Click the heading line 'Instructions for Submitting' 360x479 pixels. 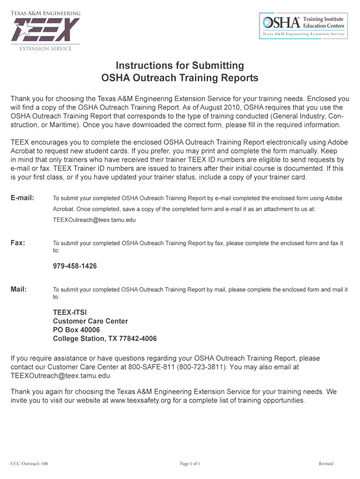pos(180,65)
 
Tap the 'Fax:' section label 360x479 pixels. pos(18,243)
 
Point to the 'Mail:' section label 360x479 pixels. pos(19,289)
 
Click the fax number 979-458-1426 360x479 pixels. pos(75,266)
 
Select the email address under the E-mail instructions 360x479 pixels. pos(94,219)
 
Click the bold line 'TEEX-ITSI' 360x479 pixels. pos(70,312)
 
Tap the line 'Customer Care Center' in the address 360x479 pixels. pos(90,321)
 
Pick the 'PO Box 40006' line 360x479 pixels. pos(76,330)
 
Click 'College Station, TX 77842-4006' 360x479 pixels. pos(105,339)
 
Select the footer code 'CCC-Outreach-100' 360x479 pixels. pos(29,464)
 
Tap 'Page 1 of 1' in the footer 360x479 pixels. pos(190,464)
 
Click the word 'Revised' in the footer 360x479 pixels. pos(326,464)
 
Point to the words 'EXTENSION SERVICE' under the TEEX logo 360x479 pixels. pos(45,49)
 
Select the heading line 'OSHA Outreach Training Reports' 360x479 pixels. pos(180,78)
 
